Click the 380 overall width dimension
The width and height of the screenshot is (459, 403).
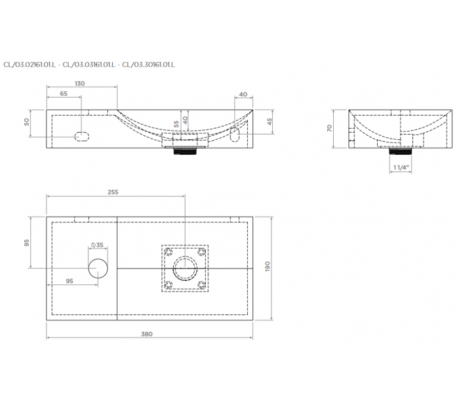click(147, 334)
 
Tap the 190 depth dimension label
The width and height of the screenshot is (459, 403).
click(268, 266)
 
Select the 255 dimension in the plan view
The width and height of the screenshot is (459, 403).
click(113, 192)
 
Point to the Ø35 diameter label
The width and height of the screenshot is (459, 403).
click(98, 245)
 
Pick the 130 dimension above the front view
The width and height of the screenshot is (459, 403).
click(79, 83)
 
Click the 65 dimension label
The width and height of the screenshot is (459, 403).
click(64, 93)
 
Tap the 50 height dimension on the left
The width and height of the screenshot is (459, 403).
click(27, 121)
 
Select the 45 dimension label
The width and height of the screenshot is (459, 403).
click(269, 121)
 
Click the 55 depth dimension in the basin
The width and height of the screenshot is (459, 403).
click(176, 124)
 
